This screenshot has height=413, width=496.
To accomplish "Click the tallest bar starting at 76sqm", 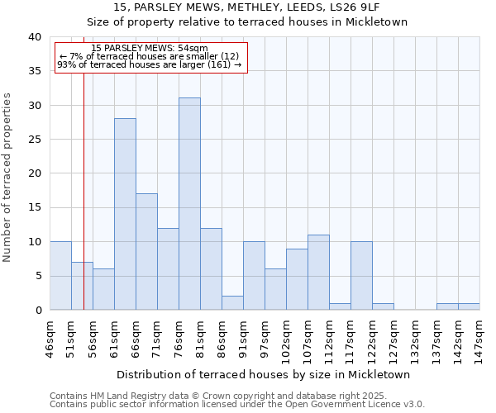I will pyautogui.click(x=189, y=204).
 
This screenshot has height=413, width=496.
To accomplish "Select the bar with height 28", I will pyautogui.click(x=125, y=214).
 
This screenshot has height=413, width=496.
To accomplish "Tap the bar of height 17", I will pyautogui.click(x=146, y=252).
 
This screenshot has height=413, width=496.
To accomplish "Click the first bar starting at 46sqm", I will pyautogui.click(x=60, y=276).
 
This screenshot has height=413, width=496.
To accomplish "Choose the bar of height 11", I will pyautogui.click(x=318, y=273).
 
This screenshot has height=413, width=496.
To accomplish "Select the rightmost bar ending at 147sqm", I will pyautogui.click(x=469, y=306).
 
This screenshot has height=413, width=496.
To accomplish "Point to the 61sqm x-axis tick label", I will pyautogui.click(x=115, y=336).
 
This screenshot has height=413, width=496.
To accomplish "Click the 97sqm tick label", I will pyautogui.click(x=265, y=336).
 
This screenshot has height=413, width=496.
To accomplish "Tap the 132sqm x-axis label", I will pyautogui.click(x=416, y=338).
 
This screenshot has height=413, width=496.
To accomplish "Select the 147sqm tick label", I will pyautogui.click(x=480, y=338).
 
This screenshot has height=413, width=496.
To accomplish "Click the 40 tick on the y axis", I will pyautogui.click(x=34, y=37).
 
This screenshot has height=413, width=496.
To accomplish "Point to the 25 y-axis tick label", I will pyautogui.click(x=34, y=140).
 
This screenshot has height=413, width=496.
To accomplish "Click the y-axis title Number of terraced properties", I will pyautogui.click(x=8, y=177).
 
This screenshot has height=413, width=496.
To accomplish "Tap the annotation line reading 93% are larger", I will pyautogui.click(x=149, y=64).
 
